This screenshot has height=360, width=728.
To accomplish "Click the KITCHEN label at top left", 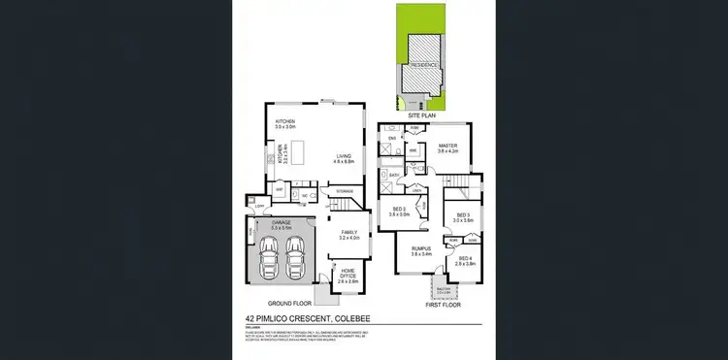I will [x=284, y=121].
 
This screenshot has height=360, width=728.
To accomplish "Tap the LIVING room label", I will [x=343, y=156].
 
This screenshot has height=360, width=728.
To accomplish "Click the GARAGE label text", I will [x=281, y=222].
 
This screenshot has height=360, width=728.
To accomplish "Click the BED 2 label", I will [x=398, y=210].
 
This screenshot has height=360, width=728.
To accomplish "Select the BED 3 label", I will [x=462, y=216].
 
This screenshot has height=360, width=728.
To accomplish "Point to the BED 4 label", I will [x=466, y=259].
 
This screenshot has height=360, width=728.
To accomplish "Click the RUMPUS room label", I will [x=420, y=250].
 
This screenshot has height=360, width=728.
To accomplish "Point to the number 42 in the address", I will [x=252, y=317].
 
